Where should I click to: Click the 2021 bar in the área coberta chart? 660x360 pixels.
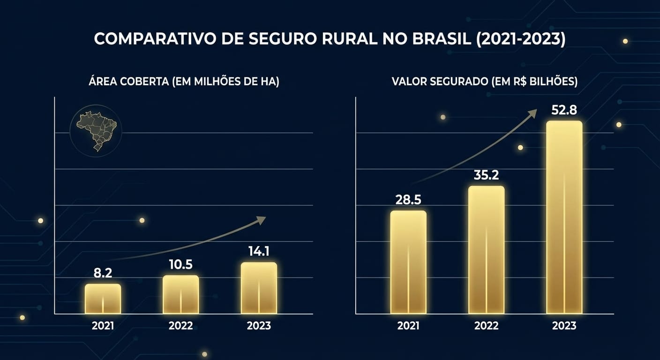pyautogui.click(x=103, y=299)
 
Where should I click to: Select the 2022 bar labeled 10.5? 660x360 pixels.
pyautogui.click(x=180, y=295)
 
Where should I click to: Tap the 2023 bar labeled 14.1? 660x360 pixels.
pyautogui.click(x=259, y=288)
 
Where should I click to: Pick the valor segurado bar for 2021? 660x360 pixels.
pyautogui.click(x=408, y=262)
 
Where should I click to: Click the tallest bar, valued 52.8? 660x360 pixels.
pyautogui.click(x=564, y=217)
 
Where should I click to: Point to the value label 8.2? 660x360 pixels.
pyautogui.click(x=103, y=273)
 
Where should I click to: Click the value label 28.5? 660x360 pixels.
pyautogui.click(x=408, y=200)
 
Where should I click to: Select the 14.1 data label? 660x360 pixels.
pyautogui.click(x=259, y=251)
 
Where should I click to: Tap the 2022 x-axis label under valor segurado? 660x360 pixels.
pyautogui.click(x=486, y=325)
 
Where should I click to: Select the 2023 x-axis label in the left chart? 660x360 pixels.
pyautogui.click(x=259, y=325)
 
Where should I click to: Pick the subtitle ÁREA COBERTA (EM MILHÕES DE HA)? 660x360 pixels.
pyautogui.click(x=183, y=82)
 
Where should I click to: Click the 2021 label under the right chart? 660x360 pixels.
pyautogui.click(x=408, y=325)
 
